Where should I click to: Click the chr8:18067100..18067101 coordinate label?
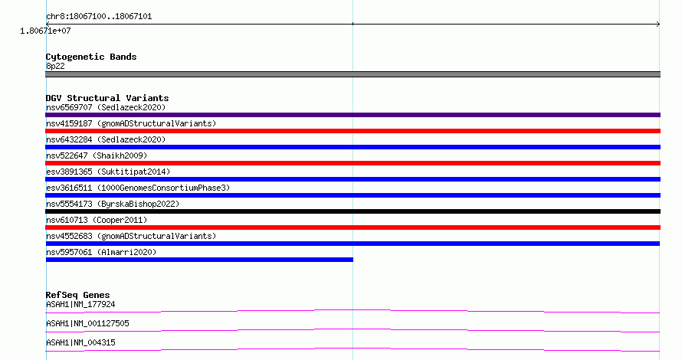click(x=99, y=17)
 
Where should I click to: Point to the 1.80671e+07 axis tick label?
click(x=45, y=31)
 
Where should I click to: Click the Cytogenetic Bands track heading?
click(x=91, y=57)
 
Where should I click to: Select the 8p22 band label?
click(x=55, y=66)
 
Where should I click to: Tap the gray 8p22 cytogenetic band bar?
click(x=352, y=74)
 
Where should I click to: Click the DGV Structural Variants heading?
click(x=107, y=98)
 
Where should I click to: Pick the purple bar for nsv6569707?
click(x=352, y=115)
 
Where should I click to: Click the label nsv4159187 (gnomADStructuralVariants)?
click(x=131, y=123)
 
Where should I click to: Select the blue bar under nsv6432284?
click(x=352, y=147)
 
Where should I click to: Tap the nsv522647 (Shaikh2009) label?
click(x=97, y=155)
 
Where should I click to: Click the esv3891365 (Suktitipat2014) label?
click(x=108, y=172)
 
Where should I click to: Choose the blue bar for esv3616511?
click(x=352, y=195)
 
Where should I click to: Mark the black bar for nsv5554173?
click(x=352, y=211)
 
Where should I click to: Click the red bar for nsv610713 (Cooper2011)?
click(x=352, y=227)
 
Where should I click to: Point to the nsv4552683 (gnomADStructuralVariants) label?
click(x=131, y=236)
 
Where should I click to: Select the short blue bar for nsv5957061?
click(x=199, y=260)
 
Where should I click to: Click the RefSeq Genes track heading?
click(x=77, y=295)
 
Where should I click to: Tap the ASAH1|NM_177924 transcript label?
click(x=80, y=304)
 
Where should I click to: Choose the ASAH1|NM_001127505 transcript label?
click(x=87, y=323)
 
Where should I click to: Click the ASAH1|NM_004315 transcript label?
click(x=80, y=342)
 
